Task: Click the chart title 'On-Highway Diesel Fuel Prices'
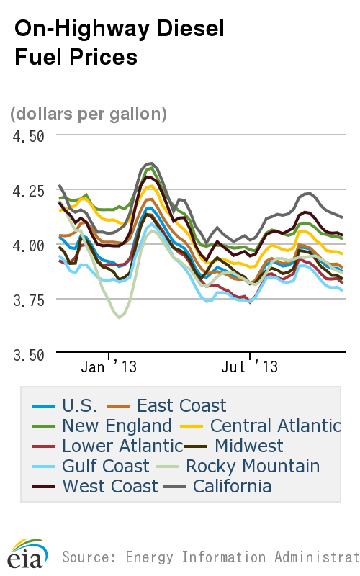[x=119, y=42]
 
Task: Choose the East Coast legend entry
[x=181, y=405]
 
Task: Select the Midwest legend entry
[x=248, y=446]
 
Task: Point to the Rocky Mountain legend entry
[x=253, y=466]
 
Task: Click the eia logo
[x=27, y=555]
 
